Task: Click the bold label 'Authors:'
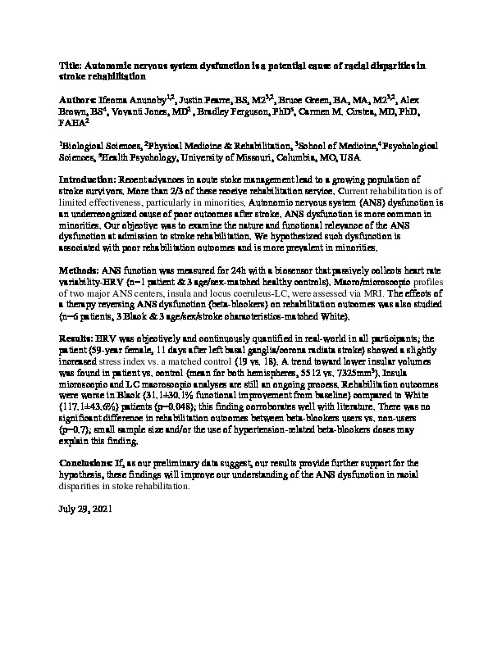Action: (80, 98)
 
